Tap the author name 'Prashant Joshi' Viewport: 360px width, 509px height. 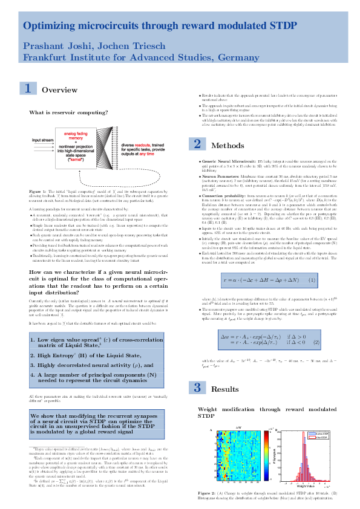coord(48,47)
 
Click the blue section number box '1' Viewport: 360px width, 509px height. coord(27,89)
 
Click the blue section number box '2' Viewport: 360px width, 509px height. coord(197,145)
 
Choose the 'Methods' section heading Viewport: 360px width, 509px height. coord(227,146)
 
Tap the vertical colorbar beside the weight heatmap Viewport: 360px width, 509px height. coord(264,454)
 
